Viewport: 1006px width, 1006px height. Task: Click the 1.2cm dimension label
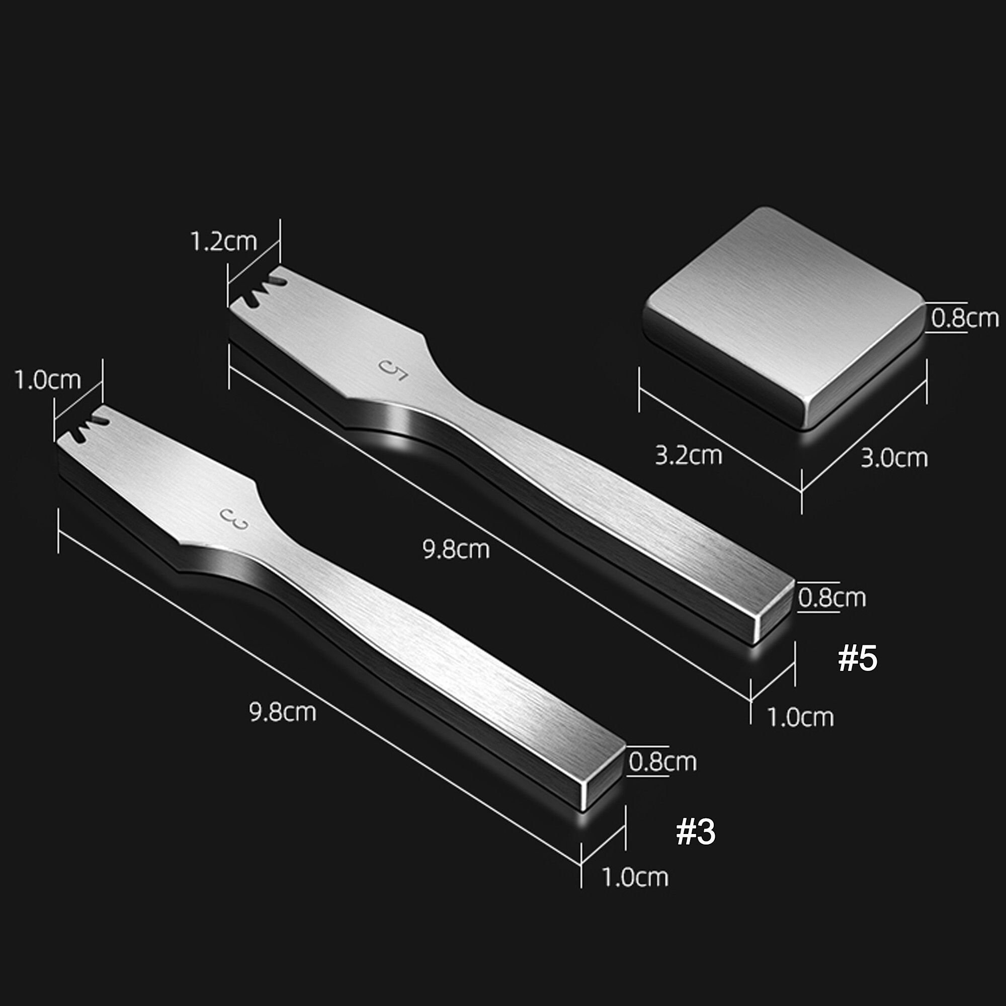pyautogui.click(x=223, y=241)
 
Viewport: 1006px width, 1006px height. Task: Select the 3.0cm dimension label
pyautogui.click(x=894, y=458)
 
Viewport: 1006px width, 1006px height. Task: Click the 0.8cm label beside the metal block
pyautogui.click(x=964, y=318)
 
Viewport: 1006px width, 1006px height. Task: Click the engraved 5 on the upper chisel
pyautogui.click(x=393, y=369)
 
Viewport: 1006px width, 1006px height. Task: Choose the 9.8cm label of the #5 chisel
pyautogui.click(x=456, y=549)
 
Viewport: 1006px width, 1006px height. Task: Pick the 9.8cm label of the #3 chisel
pyautogui.click(x=283, y=712)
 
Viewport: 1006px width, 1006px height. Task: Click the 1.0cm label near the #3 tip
pyautogui.click(x=47, y=380)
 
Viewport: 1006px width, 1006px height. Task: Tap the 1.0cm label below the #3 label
pyautogui.click(x=635, y=877)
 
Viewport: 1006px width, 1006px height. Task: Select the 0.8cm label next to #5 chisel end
pyautogui.click(x=831, y=598)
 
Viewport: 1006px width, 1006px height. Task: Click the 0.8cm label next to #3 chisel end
pyautogui.click(x=662, y=762)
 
